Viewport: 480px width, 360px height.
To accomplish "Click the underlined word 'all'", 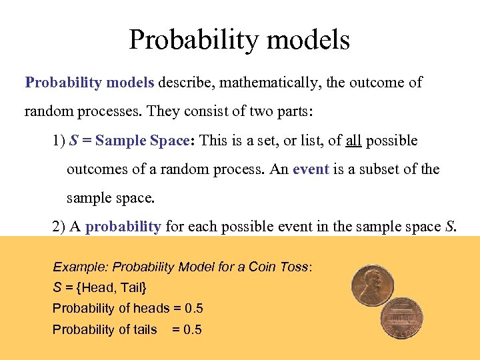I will pos(353,141).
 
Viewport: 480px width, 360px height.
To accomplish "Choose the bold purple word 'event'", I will pos(311,169).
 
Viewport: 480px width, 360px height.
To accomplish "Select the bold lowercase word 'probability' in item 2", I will pos(123,227).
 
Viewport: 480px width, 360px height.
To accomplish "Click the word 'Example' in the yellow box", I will pos(80,267).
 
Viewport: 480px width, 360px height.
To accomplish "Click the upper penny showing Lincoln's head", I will pos(373,285).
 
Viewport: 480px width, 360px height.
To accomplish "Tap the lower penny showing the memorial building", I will pos(402,318).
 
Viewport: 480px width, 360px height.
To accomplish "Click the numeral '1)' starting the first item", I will pos(59,141).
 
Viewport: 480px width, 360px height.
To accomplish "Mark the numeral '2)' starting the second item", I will pos(59,227).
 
